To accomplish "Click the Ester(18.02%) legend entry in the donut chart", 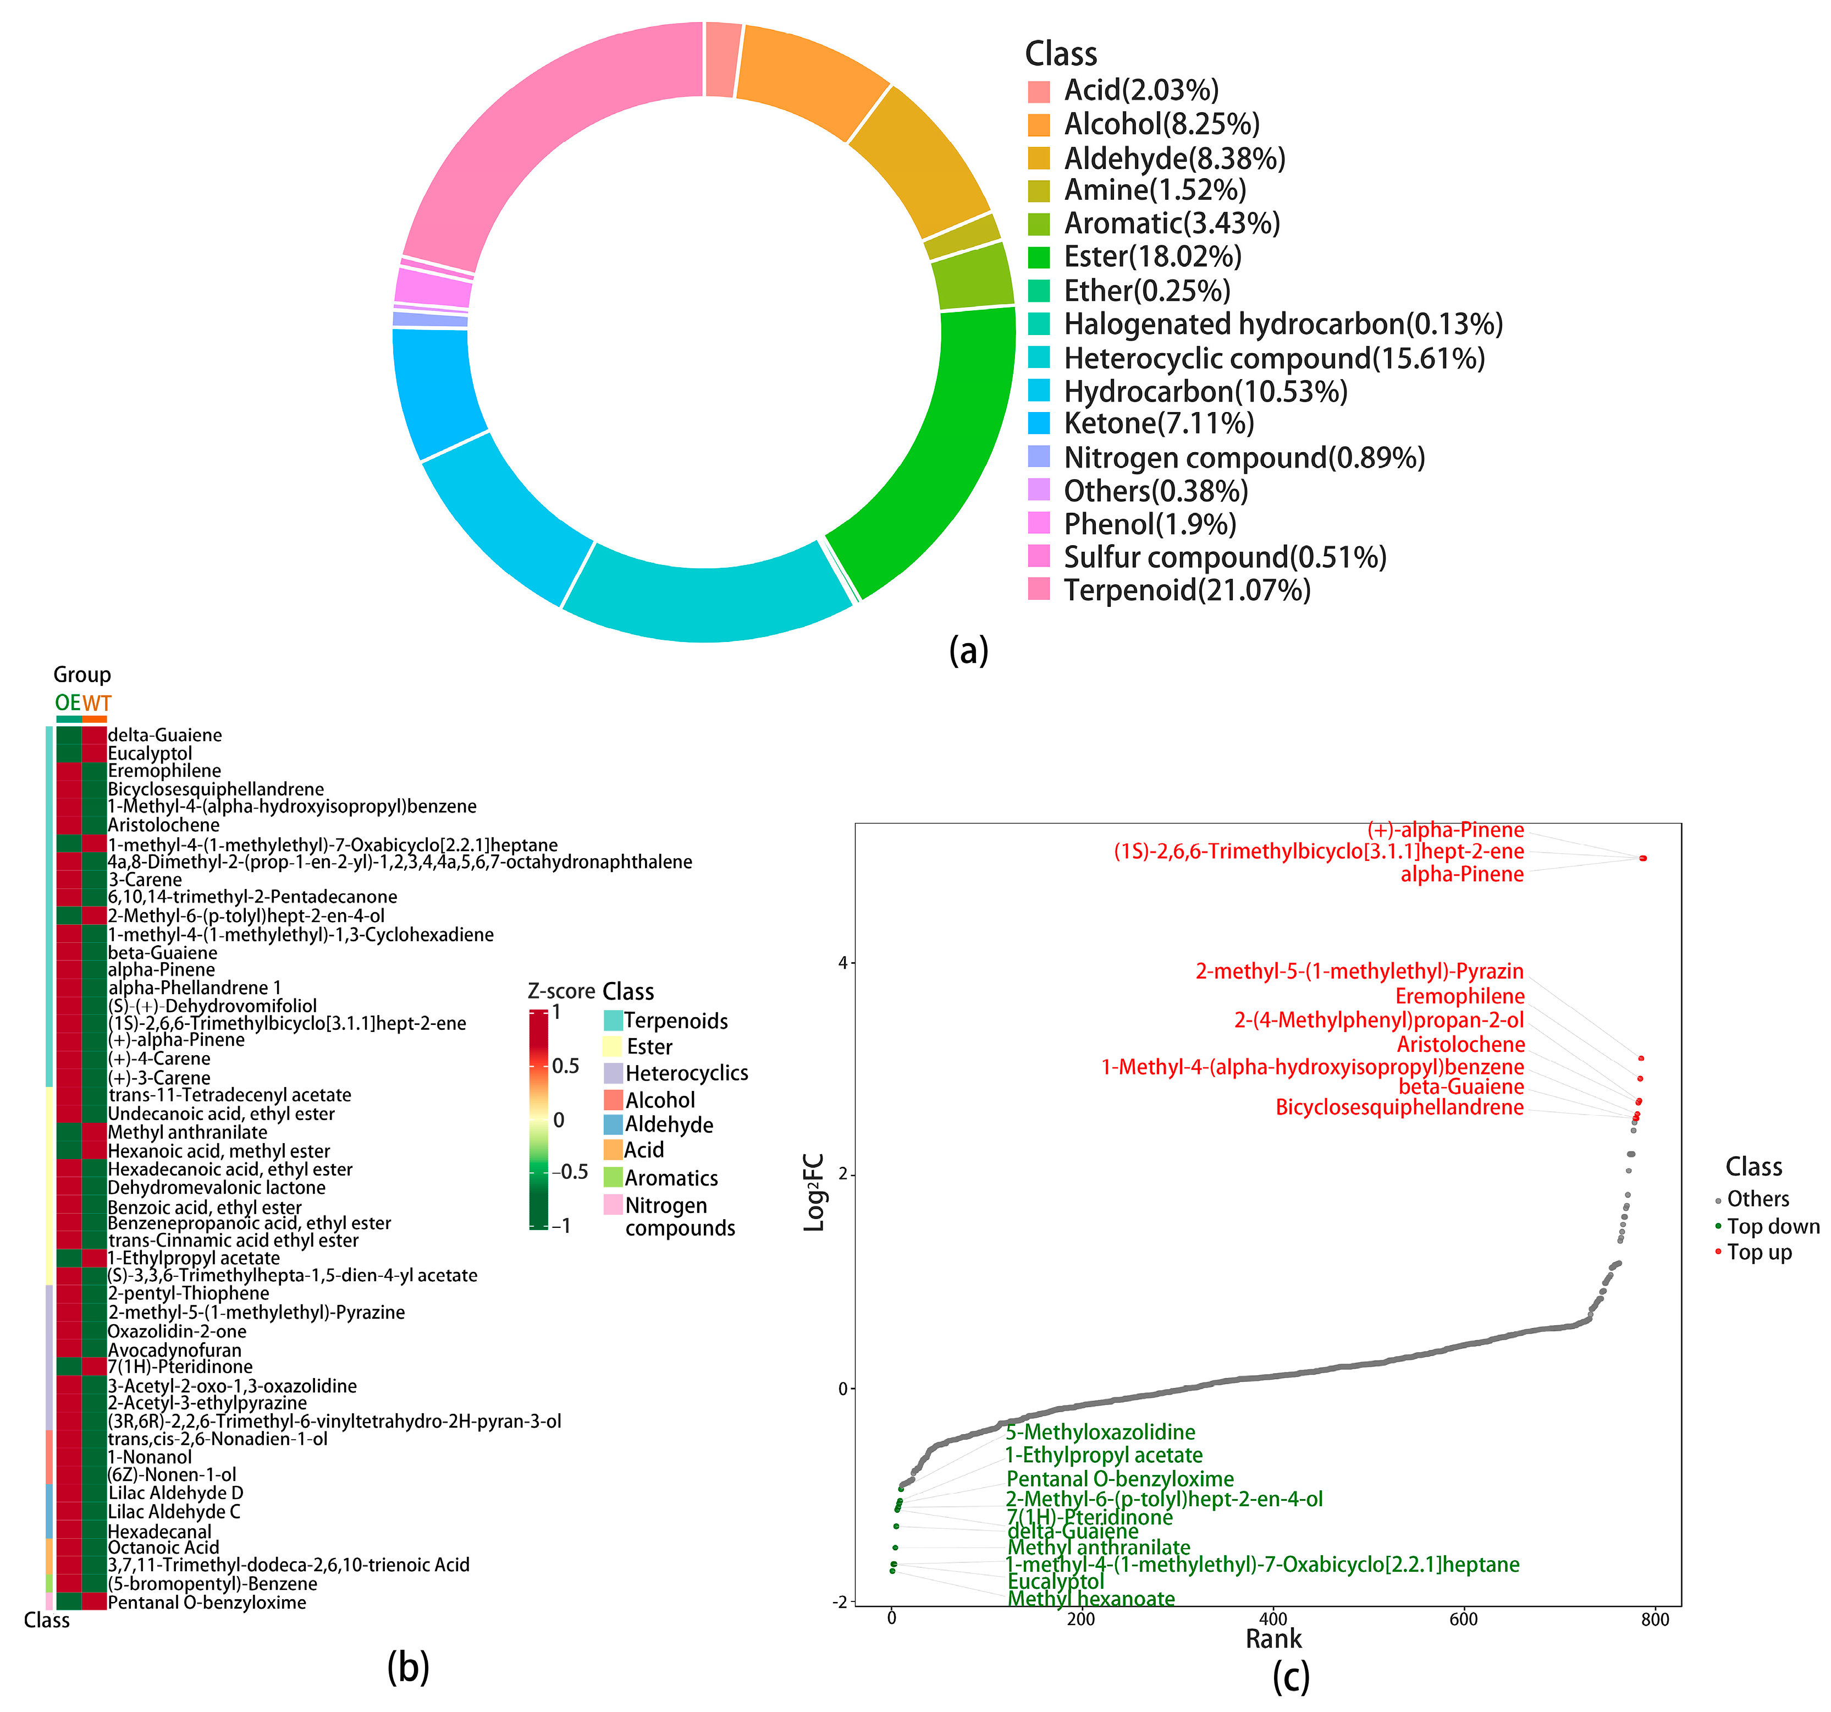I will point(1152,257).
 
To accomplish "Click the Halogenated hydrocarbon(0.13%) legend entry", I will point(1283,325).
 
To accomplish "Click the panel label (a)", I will point(968,650).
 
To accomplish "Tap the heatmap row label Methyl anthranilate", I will point(188,1132).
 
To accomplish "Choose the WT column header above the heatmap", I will point(97,703).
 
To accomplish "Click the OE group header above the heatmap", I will point(67,703).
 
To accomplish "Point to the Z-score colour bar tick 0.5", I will point(565,1066).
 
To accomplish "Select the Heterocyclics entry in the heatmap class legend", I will point(686,1073).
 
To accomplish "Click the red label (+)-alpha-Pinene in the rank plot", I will point(1445,830).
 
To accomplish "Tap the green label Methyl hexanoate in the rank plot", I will point(1091,1599).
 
